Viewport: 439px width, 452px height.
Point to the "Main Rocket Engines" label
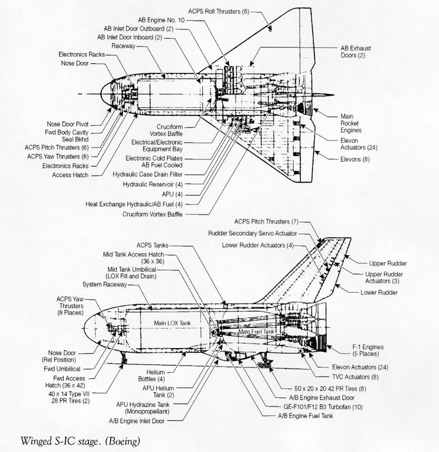coord(351,123)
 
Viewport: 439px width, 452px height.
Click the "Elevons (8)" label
coord(355,159)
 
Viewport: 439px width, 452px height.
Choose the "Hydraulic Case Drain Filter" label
coord(148,174)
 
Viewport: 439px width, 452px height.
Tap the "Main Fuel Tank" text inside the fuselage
coord(256,332)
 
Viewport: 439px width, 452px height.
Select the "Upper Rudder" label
coord(388,264)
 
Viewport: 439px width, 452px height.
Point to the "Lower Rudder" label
coord(379,292)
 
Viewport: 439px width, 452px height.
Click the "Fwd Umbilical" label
coord(62,369)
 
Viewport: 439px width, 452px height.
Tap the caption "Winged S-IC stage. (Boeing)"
coord(80,441)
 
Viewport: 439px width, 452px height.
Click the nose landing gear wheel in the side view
coord(124,361)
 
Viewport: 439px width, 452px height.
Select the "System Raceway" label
coord(104,285)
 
